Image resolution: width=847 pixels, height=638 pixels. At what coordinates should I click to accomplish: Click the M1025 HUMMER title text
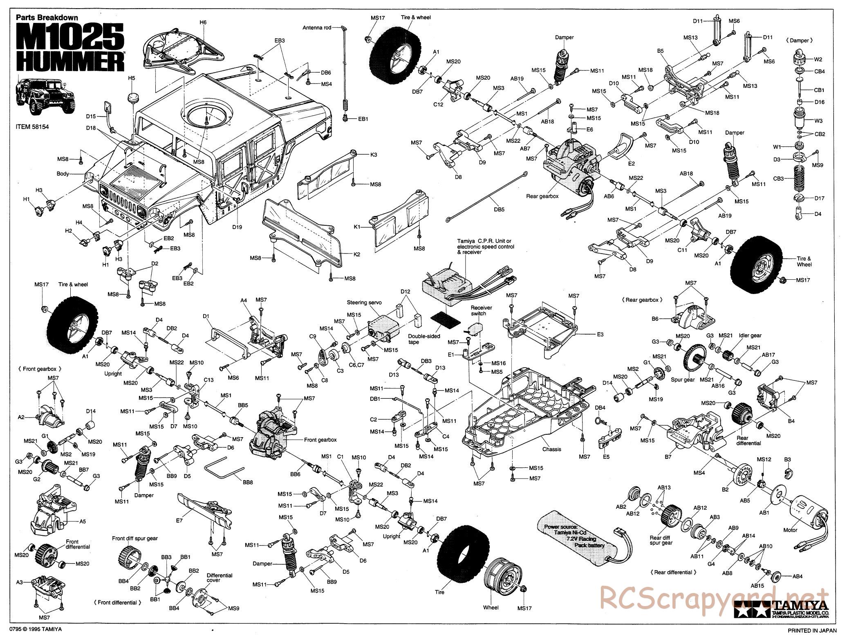click(x=70, y=48)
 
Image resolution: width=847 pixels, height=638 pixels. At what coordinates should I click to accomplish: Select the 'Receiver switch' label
click(x=481, y=310)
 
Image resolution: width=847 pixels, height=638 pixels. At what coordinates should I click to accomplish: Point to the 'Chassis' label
click(x=551, y=449)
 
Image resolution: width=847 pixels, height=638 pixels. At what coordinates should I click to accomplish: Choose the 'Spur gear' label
click(x=683, y=380)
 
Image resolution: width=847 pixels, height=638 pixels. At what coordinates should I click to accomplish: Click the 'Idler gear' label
click(x=750, y=335)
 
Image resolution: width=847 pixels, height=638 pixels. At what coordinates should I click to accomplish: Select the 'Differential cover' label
click(x=219, y=577)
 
